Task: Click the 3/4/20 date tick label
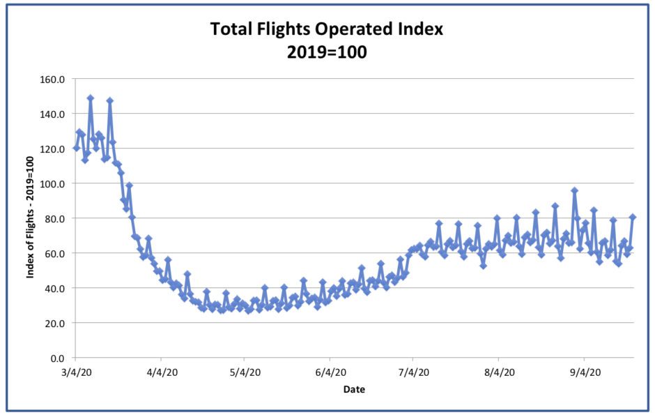coord(76,373)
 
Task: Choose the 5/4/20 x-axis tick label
coord(244,373)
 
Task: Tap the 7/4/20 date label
coord(413,373)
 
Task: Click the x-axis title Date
coord(354,389)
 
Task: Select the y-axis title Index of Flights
coord(31,218)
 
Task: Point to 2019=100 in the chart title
coord(327,52)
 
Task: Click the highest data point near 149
coord(90,98)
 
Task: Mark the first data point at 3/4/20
coord(76,148)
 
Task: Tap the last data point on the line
coord(633,217)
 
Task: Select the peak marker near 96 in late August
coord(574,190)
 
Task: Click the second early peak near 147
coord(109,101)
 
